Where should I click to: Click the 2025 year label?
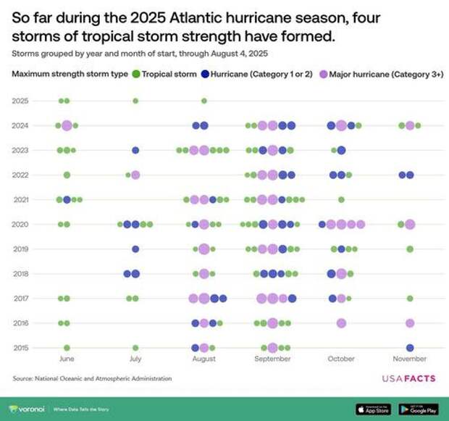point(20,101)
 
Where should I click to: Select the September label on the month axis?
point(273,359)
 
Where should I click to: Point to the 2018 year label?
point(20,273)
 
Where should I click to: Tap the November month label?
point(410,359)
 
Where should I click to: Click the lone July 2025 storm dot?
point(135,101)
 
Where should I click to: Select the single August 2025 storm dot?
point(204,101)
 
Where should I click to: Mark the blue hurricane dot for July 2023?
point(135,150)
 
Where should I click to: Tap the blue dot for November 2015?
point(410,348)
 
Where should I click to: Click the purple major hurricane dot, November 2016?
point(410,323)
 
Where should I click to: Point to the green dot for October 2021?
point(341,199)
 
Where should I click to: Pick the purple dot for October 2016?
point(341,323)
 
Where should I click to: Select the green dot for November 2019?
point(410,249)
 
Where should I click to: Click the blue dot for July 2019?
point(135,249)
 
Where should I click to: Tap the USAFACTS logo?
point(410,378)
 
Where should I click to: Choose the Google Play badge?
point(420,408)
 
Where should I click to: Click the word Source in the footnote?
point(24,378)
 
